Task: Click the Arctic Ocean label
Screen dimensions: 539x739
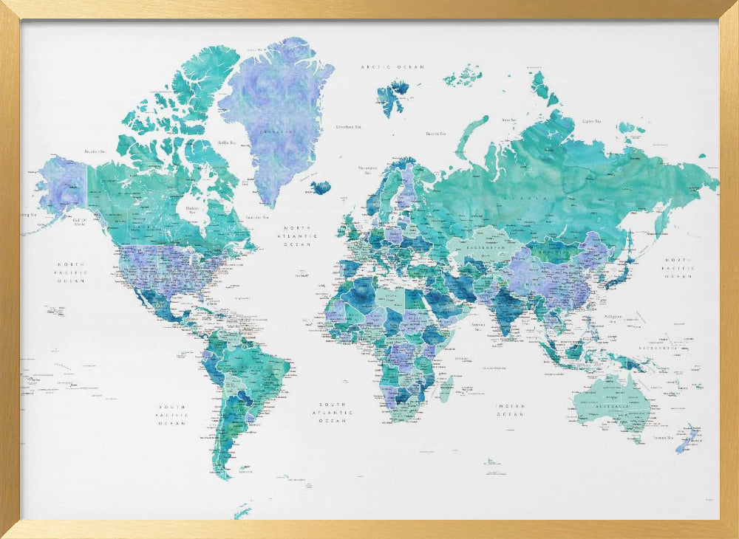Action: (392, 67)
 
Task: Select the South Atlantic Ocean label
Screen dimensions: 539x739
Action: (333, 412)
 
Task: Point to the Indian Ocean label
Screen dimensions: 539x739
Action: (511, 411)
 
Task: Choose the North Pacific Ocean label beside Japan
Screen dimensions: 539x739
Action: (677, 268)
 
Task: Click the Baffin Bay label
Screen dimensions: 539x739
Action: (226, 143)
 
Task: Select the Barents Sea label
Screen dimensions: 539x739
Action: (434, 134)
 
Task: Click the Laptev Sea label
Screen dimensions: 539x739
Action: (590, 120)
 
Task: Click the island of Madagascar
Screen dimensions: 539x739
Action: (446, 388)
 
